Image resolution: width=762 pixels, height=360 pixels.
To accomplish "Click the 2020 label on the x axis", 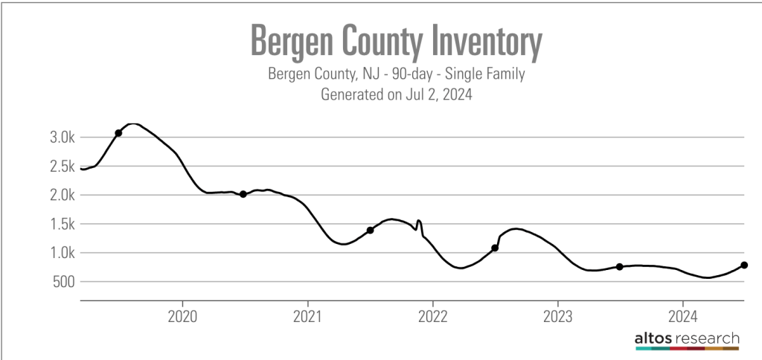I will click(182, 314).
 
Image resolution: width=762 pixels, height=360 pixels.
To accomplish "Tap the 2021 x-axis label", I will click(307, 314).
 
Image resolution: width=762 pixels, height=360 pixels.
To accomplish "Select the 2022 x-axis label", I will click(432, 314).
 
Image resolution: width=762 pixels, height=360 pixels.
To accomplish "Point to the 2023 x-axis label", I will click(558, 314).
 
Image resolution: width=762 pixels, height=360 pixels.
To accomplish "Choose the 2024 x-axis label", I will click(683, 314).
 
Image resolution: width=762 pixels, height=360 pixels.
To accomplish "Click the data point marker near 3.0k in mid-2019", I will click(118, 133).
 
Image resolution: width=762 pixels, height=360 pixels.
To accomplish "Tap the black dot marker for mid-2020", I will click(243, 194).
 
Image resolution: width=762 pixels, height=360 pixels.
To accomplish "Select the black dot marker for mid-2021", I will click(370, 230).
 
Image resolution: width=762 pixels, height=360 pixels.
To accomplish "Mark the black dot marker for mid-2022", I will click(495, 248).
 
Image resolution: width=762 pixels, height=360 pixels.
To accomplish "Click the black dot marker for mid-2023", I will click(619, 266).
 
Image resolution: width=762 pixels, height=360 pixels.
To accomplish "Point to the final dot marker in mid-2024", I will click(744, 265).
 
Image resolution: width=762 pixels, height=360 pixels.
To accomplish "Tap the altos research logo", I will click(686, 341).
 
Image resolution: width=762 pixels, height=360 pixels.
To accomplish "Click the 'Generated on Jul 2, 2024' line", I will click(397, 94).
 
